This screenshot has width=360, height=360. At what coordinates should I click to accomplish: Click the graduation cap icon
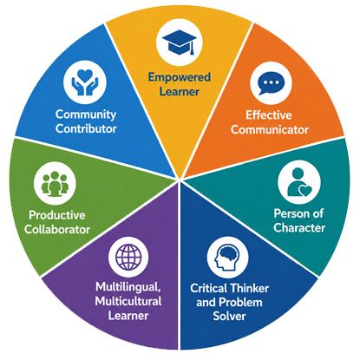click(180, 42)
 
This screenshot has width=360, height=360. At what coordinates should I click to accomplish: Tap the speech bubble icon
click(271, 83)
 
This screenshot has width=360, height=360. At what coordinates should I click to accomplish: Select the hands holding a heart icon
click(85, 82)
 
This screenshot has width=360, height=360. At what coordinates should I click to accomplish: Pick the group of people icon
click(55, 184)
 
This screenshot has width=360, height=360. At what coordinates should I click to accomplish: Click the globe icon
click(128, 257)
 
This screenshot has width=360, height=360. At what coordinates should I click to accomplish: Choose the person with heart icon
click(299, 183)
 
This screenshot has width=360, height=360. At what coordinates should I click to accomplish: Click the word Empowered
click(180, 77)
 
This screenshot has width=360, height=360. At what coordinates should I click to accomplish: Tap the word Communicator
click(270, 129)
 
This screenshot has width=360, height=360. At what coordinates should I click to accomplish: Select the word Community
click(86, 115)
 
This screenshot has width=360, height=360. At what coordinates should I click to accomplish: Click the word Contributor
click(86, 128)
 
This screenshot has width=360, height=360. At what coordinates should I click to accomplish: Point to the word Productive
click(57, 215)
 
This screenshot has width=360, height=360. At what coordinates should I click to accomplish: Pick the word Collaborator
click(57, 229)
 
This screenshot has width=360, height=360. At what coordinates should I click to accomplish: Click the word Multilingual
click(128, 287)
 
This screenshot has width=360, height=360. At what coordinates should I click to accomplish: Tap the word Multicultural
click(128, 301)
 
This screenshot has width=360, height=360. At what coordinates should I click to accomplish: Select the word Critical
click(208, 288)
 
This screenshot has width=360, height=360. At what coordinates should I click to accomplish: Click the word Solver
click(229, 316)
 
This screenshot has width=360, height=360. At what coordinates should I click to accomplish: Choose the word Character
click(299, 227)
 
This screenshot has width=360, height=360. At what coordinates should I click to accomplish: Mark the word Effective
click(269, 115)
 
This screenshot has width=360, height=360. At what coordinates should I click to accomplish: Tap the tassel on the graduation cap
click(192, 48)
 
